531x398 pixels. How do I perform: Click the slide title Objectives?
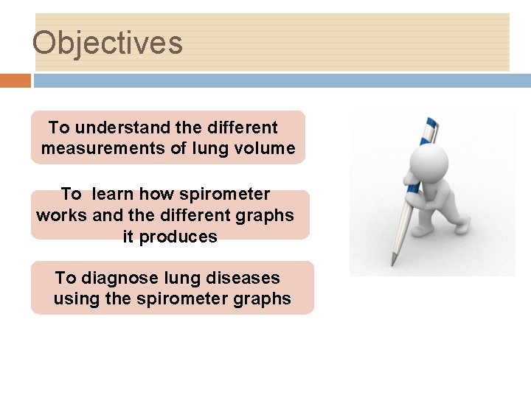(x=108, y=43)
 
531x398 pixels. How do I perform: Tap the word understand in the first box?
(x=111, y=128)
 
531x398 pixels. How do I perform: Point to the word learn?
(x=114, y=195)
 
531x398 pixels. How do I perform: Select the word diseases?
(x=244, y=279)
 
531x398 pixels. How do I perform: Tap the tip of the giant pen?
(x=392, y=263)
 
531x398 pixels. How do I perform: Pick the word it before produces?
(x=129, y=237)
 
